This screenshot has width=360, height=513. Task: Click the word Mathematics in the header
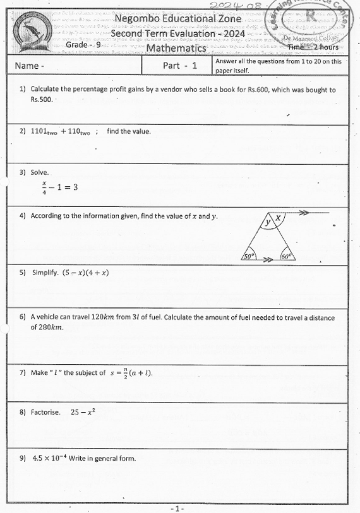click(x=176, y=48)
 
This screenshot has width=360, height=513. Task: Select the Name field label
click(x=29, y=66)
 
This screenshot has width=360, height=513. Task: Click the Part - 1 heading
click(x=180, y=66)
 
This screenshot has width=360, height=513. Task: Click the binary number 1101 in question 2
click(x=44, y=132)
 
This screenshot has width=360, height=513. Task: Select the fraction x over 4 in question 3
click(x=44, y=187)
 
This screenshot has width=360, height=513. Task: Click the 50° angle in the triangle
click(x=249, y=257)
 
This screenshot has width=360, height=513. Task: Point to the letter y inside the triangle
click(x=268, y=222)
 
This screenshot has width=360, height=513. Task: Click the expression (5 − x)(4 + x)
click(x=85, y=273)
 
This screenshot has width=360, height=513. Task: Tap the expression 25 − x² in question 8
click(x=83, y=411)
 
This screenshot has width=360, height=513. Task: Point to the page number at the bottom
click(x=177, y=507)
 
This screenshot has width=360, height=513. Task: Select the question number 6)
click(x=23, y=317)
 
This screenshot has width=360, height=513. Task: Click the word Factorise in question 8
click(x=45, y=412)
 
